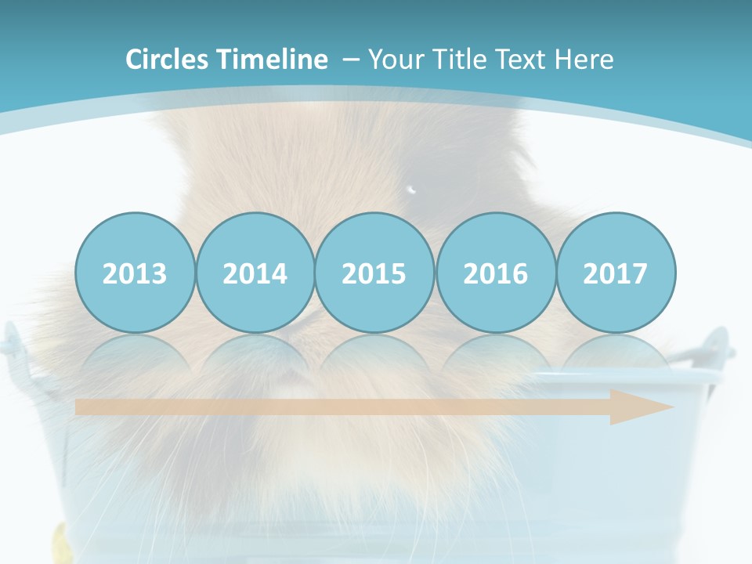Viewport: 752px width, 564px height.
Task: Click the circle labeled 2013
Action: pos(135,273)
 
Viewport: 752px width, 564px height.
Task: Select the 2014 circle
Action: pos(255,273)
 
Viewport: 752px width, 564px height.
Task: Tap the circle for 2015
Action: pos(374,273)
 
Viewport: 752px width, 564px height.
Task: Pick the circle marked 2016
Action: pos(495,273)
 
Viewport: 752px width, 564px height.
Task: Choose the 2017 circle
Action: pos(615,273)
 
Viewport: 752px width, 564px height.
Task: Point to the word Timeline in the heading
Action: pos(273,60)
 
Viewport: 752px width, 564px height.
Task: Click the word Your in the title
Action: pos(394,60)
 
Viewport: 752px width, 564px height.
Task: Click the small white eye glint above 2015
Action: pos(412,188)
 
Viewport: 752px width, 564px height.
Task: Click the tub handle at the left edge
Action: pos(11,342)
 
